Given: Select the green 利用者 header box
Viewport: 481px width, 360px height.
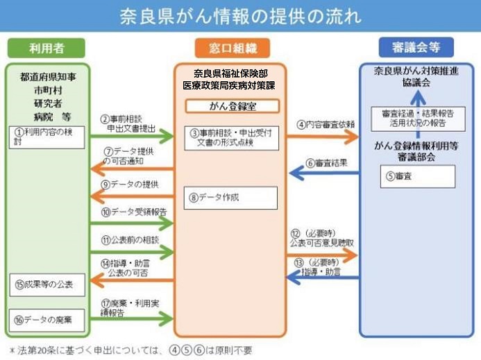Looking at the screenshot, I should (47, 48).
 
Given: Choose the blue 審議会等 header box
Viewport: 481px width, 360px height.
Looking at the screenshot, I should (416, 47).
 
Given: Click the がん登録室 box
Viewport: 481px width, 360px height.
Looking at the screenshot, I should (232, 106).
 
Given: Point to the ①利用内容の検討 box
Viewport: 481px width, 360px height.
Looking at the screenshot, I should (47, 136).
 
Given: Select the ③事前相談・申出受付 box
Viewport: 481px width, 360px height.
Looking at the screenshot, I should (232, 137).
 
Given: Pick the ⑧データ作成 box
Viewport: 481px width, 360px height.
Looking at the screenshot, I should (230, 198).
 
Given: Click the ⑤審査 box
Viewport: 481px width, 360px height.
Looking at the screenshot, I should (417, 176).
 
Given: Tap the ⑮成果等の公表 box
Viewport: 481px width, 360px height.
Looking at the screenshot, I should (47, 284).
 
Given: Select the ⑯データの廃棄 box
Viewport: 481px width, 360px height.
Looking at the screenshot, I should (47, 320).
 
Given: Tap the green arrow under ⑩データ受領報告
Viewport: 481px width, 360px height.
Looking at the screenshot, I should (133, 223).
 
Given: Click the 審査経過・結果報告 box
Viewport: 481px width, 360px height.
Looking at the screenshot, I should (416, 118).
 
